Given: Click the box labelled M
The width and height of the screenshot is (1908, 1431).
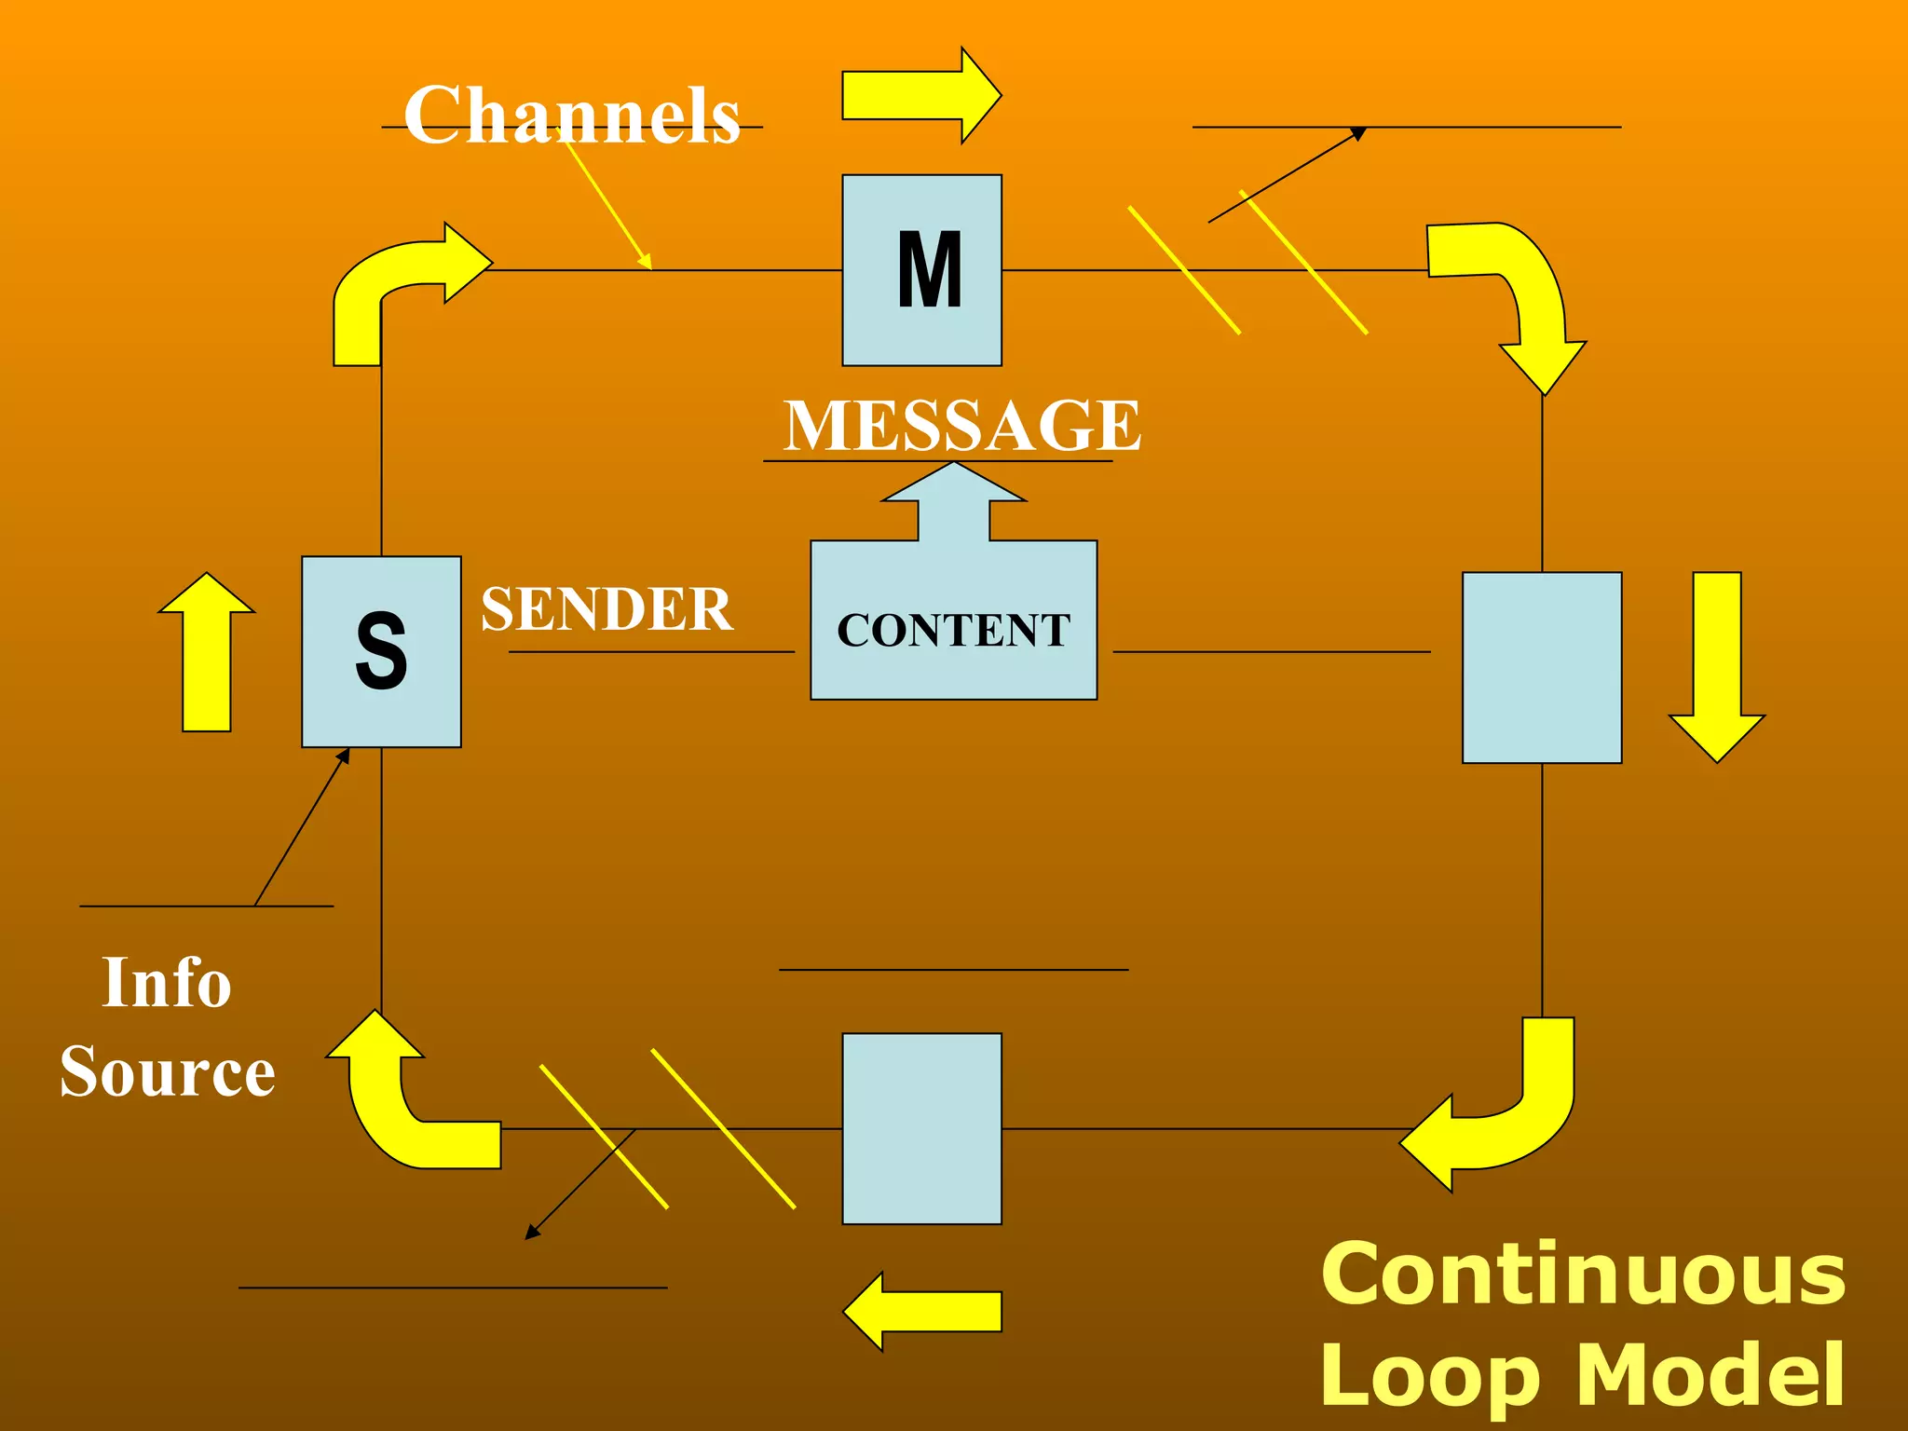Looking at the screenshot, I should coord(921,270).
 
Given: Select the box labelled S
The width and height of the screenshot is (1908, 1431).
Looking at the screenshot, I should coord(381,651).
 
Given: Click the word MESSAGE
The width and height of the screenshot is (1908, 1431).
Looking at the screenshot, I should coord(961,425).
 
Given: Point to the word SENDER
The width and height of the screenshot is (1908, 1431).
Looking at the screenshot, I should coord(606,609).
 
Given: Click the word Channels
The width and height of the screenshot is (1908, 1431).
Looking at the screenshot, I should coord(572,116).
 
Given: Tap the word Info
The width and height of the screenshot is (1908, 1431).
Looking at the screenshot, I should coord(166,983).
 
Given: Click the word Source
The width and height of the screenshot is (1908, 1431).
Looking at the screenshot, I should coord(168,1071).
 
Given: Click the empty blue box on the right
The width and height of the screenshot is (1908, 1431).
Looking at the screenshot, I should coord(1542,667).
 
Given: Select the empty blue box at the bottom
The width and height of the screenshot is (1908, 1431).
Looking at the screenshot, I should coord(921,1128).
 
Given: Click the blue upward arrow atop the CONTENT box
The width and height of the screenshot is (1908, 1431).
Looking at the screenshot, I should coord(954,503).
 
